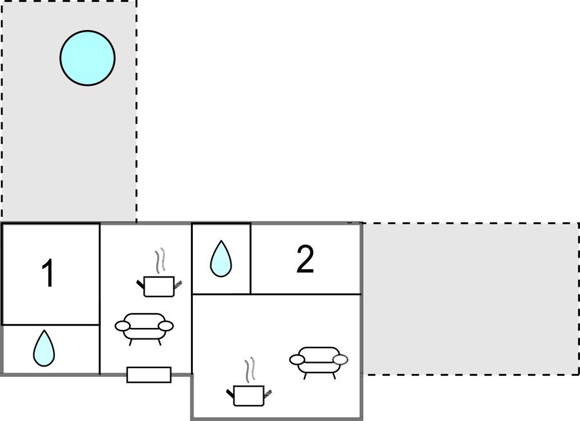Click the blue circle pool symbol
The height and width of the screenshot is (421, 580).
[88, 57]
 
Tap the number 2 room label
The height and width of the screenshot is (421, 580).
[305, 259]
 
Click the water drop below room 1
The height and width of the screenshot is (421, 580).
[44, 348]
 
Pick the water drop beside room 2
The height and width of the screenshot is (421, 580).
[221, 259]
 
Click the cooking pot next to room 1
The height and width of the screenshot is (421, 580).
[159, 285]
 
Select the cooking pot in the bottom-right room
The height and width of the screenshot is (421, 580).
[248, 395]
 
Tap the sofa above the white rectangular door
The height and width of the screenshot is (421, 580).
[145, 325]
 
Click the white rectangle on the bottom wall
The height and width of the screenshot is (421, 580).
[148, 375]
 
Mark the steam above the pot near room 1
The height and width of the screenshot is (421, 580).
[159, 262]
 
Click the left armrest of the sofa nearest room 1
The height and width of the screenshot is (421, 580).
[123, 326]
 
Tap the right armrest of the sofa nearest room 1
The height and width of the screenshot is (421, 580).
[166, 325]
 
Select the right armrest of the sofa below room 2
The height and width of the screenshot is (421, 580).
[340, 359]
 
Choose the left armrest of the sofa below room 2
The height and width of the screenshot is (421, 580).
[297, 359]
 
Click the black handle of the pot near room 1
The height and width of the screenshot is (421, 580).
[140, 283]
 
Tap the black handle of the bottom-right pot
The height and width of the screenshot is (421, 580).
[230, 392]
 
